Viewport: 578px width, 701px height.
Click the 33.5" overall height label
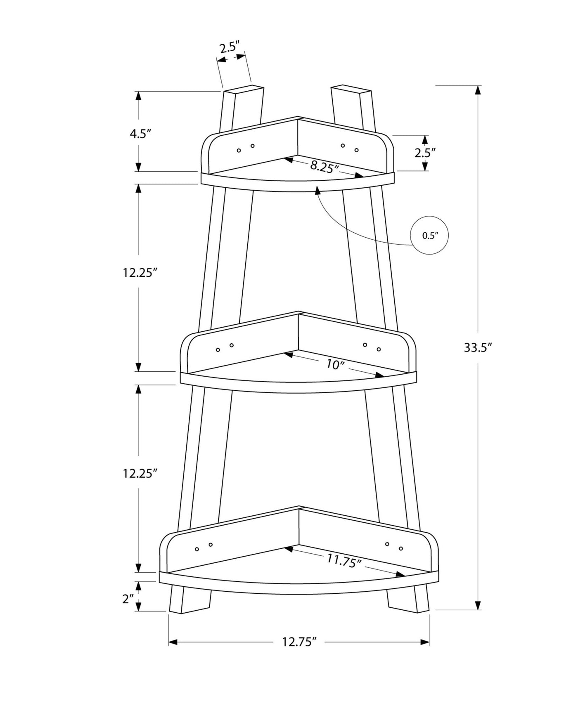[x=479, y=347]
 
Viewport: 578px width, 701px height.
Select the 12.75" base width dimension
[x=299, y=642]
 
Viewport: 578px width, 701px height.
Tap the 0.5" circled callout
[x=429, y=236]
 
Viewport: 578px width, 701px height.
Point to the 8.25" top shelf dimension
[x=325, y=167]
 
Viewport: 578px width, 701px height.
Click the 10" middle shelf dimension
[x=335, y=364]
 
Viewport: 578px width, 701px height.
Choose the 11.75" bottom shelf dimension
[x=344, y=561]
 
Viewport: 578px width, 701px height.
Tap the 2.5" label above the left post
[x=230, y=47]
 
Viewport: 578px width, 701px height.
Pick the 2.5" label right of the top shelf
[x=425, y=153]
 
